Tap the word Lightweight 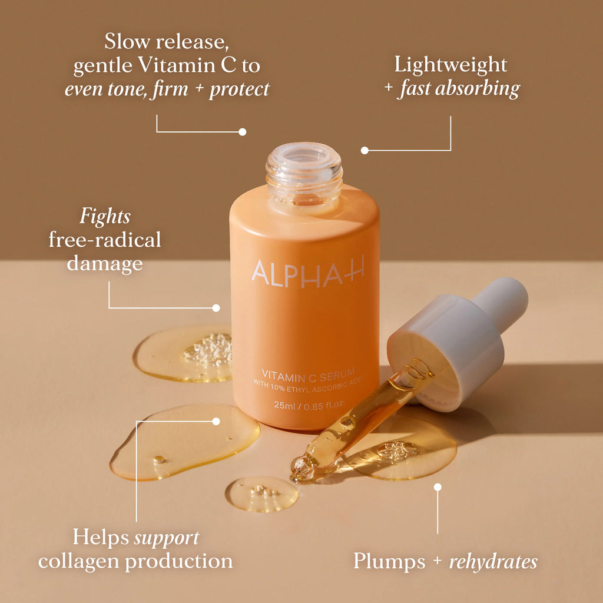450,64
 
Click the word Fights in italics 105,217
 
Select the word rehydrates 493,561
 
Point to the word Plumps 389,561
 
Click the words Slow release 166,42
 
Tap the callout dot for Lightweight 365,150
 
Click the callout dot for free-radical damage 216,307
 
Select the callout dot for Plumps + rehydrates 438,487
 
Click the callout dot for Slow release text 242,132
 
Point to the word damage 105,263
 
